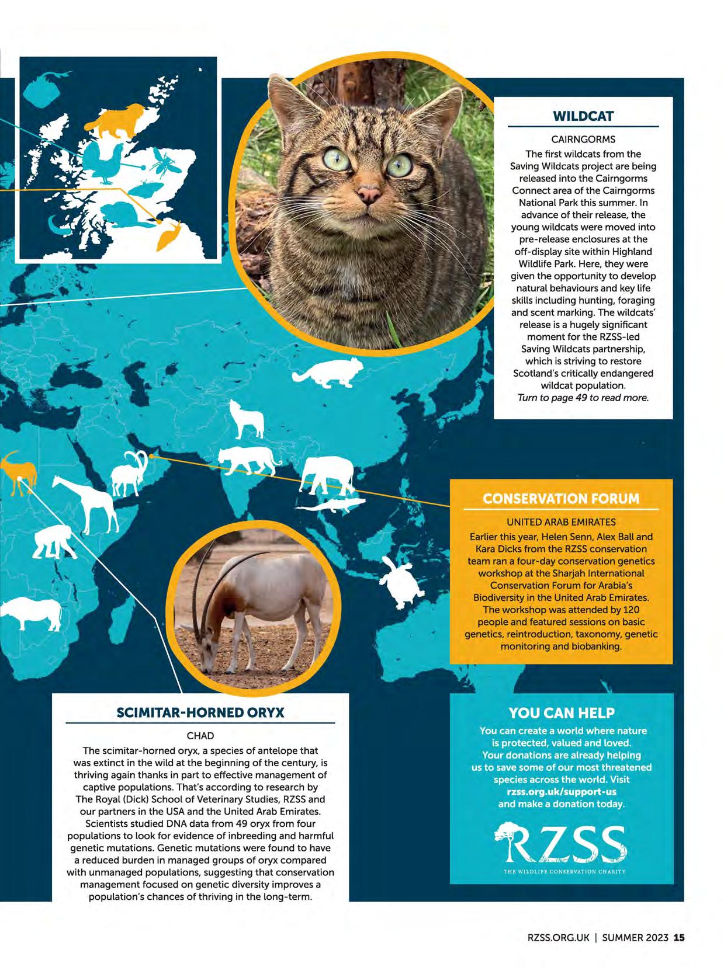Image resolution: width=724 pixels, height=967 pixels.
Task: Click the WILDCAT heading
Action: [x=583, y=116]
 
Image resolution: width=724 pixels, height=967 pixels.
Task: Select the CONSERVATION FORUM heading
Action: [x=561, y=499]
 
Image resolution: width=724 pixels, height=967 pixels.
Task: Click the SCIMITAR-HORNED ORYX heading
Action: [x=200, y=712]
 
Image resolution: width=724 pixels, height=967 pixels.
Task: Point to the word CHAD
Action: [x=200, y=736]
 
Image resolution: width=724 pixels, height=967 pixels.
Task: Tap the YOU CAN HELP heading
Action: [x=561, y=712]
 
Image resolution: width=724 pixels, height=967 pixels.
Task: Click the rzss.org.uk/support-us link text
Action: [x=561, y=792]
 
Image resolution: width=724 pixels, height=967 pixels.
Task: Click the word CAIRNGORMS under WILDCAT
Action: [x=583, y=140]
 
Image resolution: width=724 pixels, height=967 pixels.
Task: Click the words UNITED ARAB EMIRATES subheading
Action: [x=561, y=522]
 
